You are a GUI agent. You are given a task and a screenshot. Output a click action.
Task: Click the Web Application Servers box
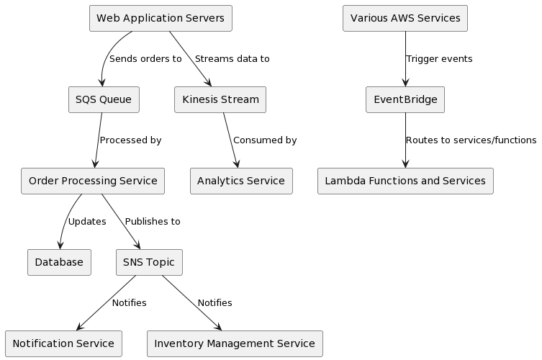coord(161,18)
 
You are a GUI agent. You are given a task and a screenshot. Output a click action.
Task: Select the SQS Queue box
coord(104,99)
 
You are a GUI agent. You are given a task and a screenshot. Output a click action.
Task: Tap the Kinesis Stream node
coord(220,99)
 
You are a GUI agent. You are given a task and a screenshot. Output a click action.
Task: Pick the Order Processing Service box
coord(93,181)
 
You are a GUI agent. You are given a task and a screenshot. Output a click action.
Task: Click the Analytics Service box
coord(241,181)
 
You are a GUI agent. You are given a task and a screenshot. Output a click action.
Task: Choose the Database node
coord(59,262)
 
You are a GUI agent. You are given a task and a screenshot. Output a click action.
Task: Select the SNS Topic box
coord(149,262)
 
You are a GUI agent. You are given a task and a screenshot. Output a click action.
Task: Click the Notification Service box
coord(63,343)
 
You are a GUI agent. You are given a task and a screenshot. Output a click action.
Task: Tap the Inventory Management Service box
coord(235,343)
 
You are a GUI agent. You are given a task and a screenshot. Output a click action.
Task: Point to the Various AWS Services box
coord(405,18)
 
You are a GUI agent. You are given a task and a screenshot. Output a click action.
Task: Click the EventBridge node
coord(405,99)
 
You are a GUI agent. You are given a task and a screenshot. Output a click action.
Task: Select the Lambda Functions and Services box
coord(405,181)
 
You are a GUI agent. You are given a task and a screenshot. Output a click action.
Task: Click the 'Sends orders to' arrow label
coord(145,59)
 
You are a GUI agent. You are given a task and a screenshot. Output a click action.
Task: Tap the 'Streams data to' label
coord(232,59)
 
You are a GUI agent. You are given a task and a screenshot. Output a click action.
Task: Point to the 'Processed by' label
coord(130,140)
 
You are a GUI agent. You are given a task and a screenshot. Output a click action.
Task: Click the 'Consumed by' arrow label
coord(265,140)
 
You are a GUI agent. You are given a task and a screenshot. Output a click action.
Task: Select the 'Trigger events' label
coord(439,59)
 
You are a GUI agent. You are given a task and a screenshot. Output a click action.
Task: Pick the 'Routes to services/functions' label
coord(471,140)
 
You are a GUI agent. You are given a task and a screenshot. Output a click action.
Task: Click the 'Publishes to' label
coord(153,222)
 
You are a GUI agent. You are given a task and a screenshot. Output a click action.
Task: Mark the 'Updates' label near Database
coord(87,222)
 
